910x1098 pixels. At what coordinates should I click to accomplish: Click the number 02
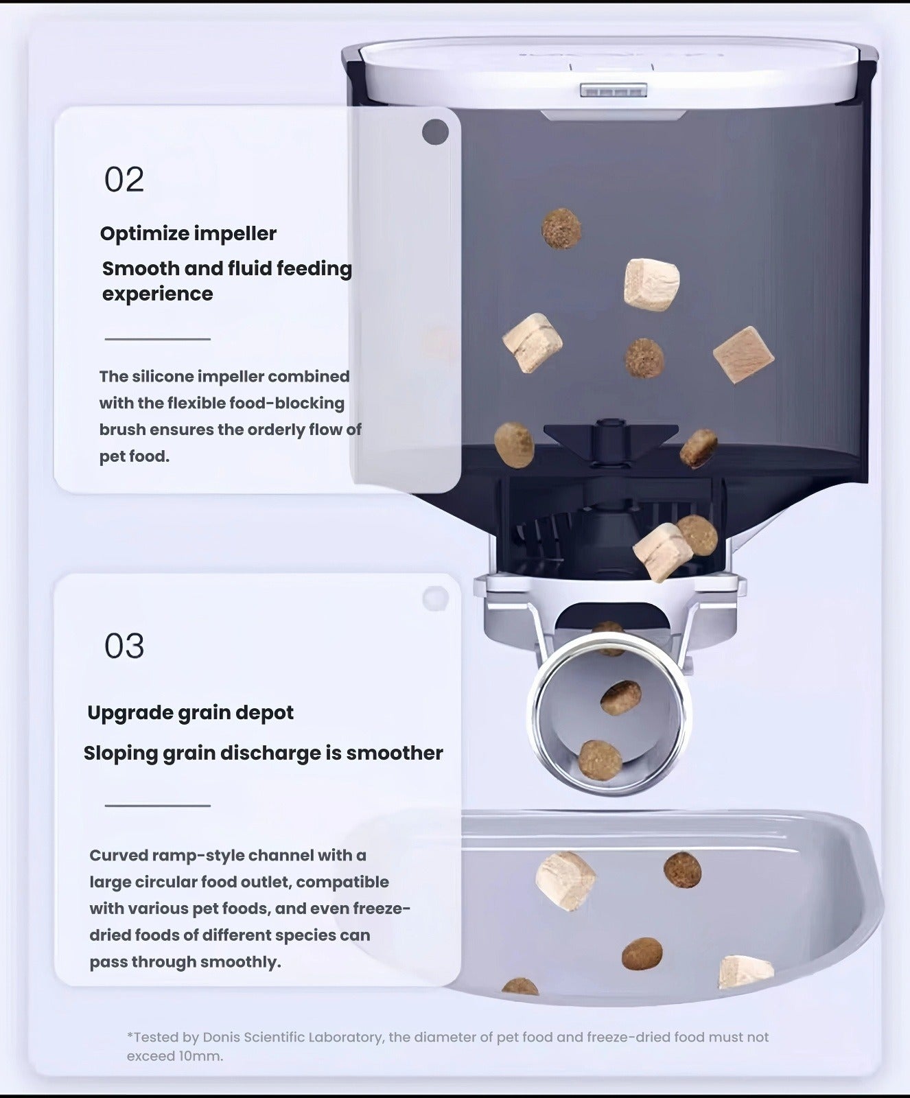(124, 180)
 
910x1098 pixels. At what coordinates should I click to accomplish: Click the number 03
(124, 646)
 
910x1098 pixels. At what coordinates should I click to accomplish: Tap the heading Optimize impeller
(188, 234)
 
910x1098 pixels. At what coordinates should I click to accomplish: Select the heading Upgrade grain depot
(190, 713)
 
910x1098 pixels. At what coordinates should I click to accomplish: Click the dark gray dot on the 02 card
(435, 132)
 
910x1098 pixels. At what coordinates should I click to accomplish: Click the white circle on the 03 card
(435, 598)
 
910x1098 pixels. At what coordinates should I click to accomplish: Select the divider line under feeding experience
(157, 339)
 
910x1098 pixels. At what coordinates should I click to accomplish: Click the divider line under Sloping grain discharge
(157, 806)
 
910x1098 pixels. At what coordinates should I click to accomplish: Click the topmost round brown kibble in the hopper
(561, 229)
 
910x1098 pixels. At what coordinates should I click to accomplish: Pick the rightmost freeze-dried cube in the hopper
(743, 355)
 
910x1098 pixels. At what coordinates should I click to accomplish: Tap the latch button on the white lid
(614, 90)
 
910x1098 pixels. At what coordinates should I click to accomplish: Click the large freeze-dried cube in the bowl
(565, 880)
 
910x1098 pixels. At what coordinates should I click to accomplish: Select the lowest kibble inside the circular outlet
(600, 760)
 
